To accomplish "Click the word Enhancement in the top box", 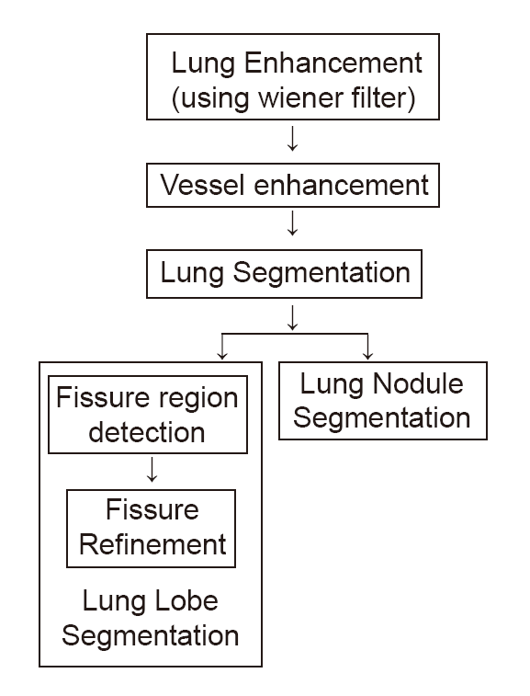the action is pos(333,63).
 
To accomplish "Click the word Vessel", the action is pos(203,185).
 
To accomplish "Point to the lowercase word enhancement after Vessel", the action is pos(342,185).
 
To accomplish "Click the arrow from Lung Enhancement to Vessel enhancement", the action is pos(292,139).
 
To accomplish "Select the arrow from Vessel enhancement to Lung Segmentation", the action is pos(292,222).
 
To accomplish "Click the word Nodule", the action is pos(418,383).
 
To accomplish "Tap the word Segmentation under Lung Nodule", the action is pos(382,419).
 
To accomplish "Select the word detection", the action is pos(147,432).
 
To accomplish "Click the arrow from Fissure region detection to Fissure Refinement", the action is pos(152,470).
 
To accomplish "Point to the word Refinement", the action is pos(152,544).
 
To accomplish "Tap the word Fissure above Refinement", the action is pos(152,509).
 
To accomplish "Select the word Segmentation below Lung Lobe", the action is pos(151,636).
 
